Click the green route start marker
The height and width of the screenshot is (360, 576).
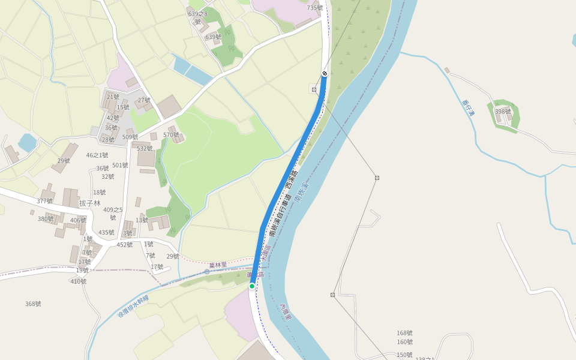[252, 286]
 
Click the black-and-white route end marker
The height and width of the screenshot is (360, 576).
[325, 73]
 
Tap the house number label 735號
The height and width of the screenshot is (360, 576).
[315, 8]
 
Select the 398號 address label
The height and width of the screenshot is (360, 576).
[503, 112]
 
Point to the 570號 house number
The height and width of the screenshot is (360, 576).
[171, 135]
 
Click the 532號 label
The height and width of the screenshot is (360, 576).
[145, 148]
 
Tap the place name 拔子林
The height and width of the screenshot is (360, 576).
[90, 203]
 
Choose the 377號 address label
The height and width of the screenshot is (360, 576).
[45, 202]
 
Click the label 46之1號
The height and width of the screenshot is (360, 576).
[97, 155]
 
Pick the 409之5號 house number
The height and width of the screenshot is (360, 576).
[113, 214]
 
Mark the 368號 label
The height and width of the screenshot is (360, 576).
[33, 304]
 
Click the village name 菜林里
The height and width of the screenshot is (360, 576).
[218, 265]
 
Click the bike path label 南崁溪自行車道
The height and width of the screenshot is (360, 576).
[280, 215]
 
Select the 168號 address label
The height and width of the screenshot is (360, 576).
[404, 333]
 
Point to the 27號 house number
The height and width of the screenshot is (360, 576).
[144, 100]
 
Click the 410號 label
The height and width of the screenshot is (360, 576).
[79, 281]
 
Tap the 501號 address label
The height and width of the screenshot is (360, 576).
[120, 166]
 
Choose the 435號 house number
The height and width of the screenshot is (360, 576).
[106, 233]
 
